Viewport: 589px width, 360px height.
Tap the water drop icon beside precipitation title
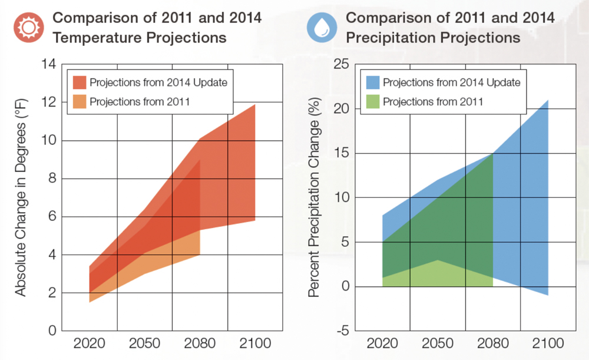click(322, 28)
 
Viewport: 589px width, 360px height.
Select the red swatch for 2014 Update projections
click(80, 82)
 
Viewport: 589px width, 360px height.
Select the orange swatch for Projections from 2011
click(80, 101)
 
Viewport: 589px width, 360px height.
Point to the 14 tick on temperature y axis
click(49, 64)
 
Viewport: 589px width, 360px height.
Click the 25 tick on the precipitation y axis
click(342, 64)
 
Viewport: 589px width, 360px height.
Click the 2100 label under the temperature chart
click(255, 344)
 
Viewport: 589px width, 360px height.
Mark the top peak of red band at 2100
click(254, 105)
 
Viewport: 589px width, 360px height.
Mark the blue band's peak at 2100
click(548, 101)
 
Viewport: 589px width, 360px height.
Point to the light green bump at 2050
click(438, 262)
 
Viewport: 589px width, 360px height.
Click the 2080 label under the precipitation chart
click(492, 344)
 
